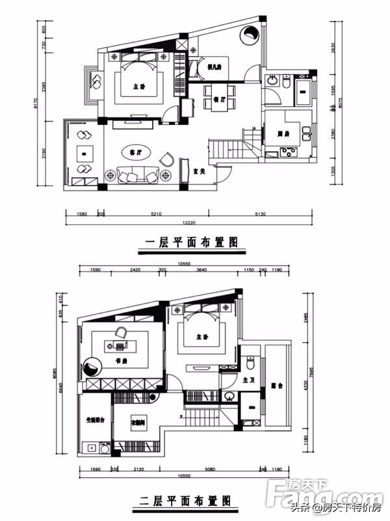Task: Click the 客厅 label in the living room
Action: [x=135, y=152]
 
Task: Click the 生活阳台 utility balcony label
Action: [x=95, y=420]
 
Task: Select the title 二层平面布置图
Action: [x=187, y=500]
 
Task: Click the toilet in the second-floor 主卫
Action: [x=249, y=362]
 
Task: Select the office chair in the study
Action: [x=121, y=332]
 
